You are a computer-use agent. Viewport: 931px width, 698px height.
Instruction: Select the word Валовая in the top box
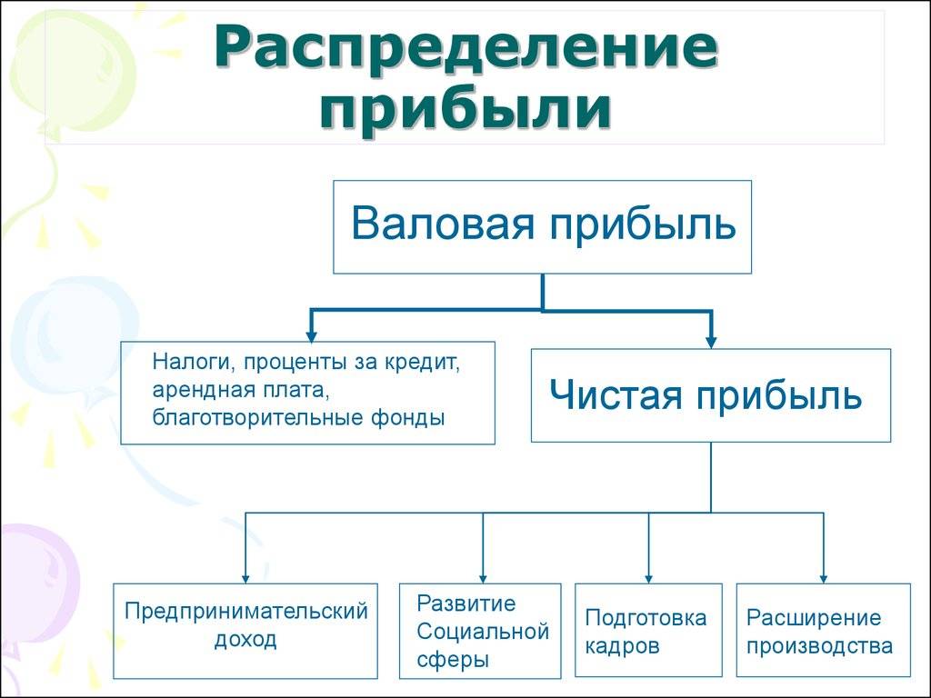pos(443,224)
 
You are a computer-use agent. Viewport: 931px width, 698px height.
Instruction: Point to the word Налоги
pos(189,363)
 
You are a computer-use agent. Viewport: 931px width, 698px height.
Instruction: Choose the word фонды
pos(408,418)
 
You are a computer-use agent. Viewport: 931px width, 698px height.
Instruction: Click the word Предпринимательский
pos(246,612)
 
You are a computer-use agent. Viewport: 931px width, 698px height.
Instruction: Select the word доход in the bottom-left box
pos(245,641)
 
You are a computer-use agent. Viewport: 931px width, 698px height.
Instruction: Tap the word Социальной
pos(483,632)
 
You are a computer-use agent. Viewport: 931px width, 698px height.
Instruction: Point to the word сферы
pos(453,660)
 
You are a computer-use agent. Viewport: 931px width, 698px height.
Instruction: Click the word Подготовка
pos(646,618)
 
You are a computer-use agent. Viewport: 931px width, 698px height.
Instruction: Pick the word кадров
pos(622,646)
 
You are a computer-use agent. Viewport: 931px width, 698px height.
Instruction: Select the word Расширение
pos(814,618)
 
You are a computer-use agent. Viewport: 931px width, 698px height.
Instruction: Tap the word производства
pos(819,646)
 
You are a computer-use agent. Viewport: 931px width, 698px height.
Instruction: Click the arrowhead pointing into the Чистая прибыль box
pos(711,343)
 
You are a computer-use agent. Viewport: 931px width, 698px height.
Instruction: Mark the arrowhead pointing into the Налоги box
pos(311,336)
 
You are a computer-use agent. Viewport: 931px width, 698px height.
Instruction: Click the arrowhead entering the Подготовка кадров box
pos(648,579)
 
